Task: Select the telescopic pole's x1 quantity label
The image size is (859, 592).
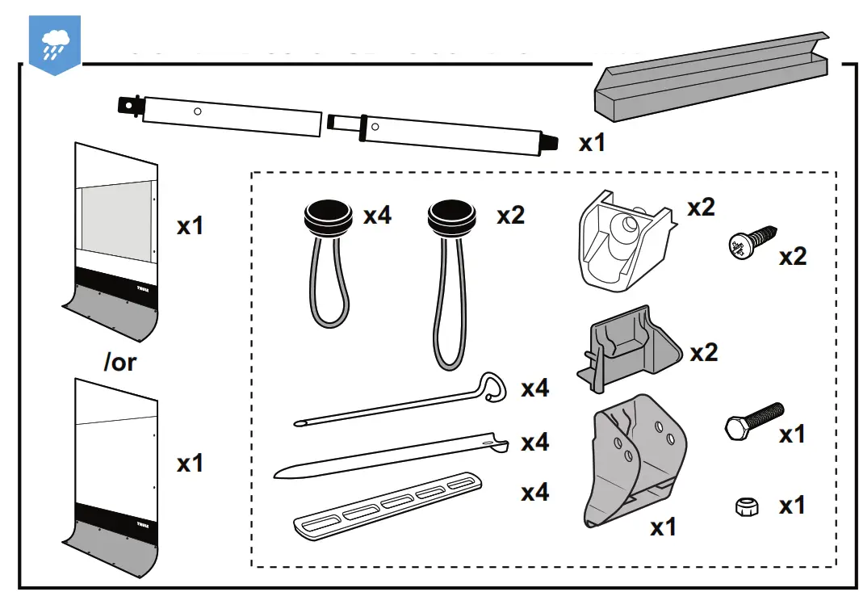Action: [x=592, y=143]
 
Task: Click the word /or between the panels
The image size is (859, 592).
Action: [x=120, y=362]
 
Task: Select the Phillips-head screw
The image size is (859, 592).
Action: [x=752, y=241]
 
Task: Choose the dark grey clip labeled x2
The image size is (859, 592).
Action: [x=628, y=351]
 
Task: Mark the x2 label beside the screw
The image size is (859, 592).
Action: [x=792, y=257]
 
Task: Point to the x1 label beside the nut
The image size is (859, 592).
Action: [x=792, y=506]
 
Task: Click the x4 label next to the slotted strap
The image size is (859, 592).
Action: [x=534, y=492]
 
